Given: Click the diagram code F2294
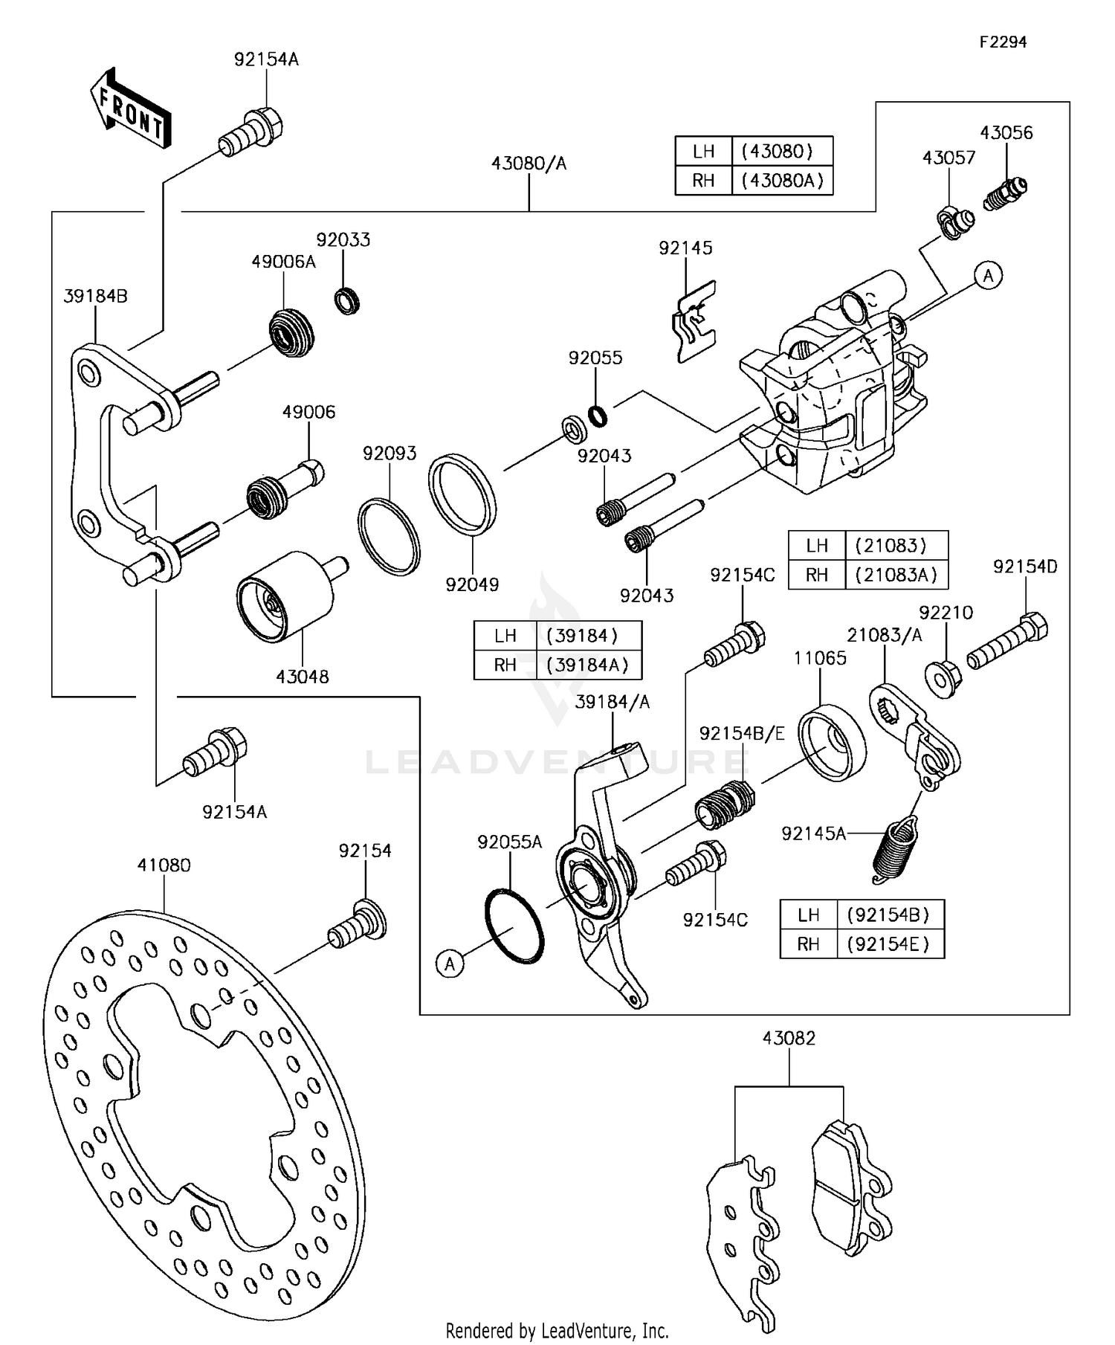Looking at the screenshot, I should pyautogui.click(x=1002, y=42).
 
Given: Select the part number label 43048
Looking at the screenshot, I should pyautogui.click(x=302, y=677).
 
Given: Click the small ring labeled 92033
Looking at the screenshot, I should pyautogui.click(x=347, y=300).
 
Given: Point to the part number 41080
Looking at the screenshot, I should pyautogui.click(x=164, y=865).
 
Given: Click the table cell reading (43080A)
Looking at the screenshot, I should pyautogui.click(x=782, y=181).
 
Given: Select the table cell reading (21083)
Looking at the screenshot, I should pyautogui.click(x=891, y=546).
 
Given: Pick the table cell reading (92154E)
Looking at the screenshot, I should pyautogui.click(x=888, y=944).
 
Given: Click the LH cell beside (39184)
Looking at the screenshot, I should pyautogui.click(x=505, y=636).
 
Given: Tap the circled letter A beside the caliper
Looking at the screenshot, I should pyautogui.click(x=988, y=275).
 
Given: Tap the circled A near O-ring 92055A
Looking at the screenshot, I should pyautogui.click(x=450, y=964).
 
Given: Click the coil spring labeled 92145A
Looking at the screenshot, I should pyautogui.click(x=895, y=848).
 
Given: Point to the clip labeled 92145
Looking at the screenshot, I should pyautogui.click(x=695, y=322).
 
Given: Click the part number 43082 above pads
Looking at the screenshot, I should pyautogui.click(x=789, y=1038).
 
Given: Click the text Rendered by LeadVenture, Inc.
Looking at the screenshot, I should pyautogui.click(x=557, y=1330).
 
